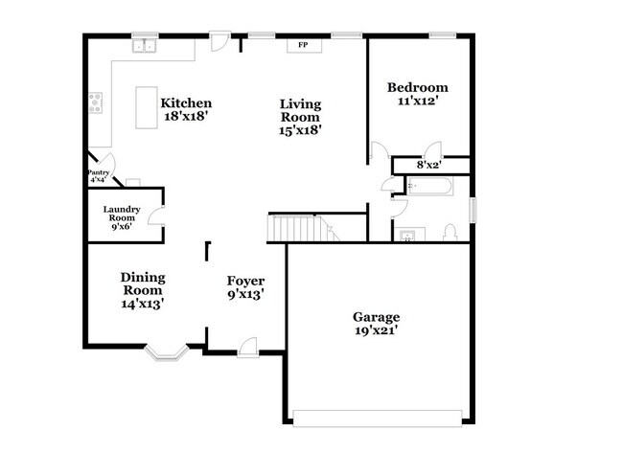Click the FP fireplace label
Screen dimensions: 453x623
[x=303, y=45]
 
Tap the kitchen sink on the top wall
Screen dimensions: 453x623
[x=145, y=45]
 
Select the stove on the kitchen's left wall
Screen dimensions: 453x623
[x=95, y=102]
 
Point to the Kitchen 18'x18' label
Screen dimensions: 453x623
[x=186, y=110]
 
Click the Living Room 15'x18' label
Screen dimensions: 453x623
[x=300, y=117]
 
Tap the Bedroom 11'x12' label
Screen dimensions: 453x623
[x=416, y=93]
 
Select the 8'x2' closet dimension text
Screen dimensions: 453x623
[x=428, y=165]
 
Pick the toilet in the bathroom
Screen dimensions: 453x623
[x=449, y=232]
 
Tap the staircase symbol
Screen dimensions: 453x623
[x=298, y=228]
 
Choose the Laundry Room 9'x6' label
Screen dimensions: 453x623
[x=123, y=217]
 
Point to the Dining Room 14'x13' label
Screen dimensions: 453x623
[x=143, y=290]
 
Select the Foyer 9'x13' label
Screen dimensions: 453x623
[x=245, y=287]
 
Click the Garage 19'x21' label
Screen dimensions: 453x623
[x=376, y=324]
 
